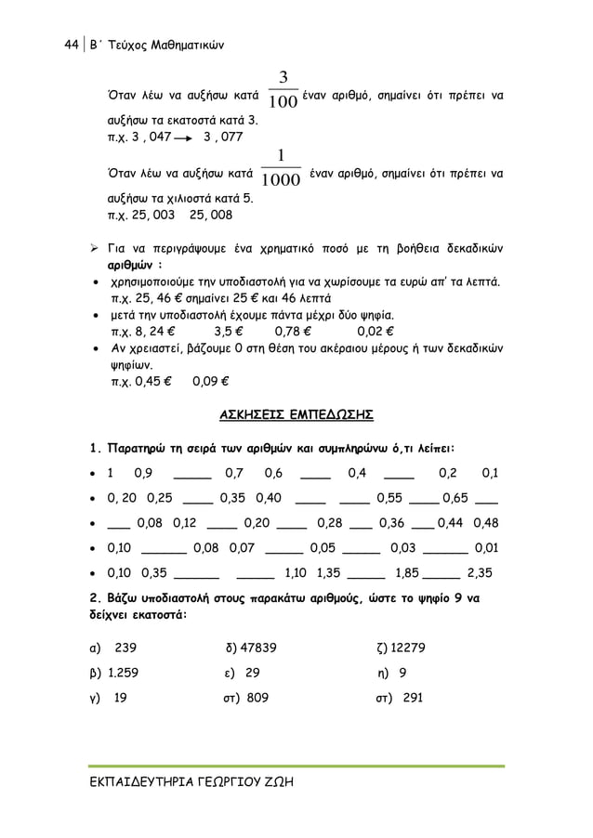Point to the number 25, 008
pyautogui.click(x=211, y=215)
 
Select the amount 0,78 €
pyautogui.click(x=294, y=329)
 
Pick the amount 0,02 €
pyautogui.click(x=376, y=329)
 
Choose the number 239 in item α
pyautogui.click(x=125, y=648)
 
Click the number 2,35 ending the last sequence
pyautogui.click(x=480, y=571)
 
